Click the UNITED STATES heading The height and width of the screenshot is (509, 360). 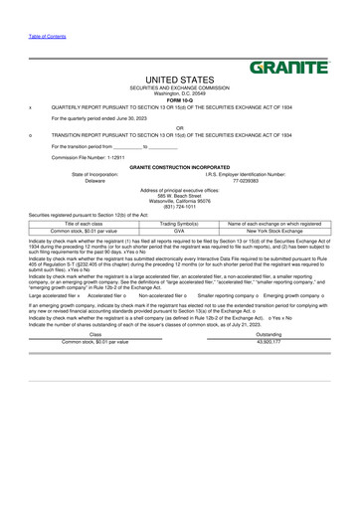tap(179, 79)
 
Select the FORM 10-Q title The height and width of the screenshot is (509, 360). tap(179, 99)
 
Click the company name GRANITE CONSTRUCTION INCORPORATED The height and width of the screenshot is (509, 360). tap(179, 167)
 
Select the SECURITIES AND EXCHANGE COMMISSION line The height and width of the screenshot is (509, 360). tap(179, 88)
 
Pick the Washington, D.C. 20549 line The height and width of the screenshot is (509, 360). tap(179, 94)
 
